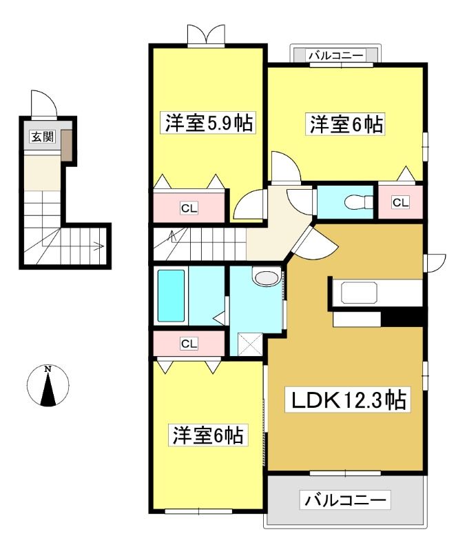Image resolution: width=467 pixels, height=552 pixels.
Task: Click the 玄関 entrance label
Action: (x=43, y=137)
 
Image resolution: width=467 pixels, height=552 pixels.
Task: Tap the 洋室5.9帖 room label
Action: (x=209, y=123)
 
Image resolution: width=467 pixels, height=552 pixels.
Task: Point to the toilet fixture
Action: (x=358, y=202)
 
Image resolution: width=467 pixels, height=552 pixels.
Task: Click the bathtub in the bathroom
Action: (x=171, y=296)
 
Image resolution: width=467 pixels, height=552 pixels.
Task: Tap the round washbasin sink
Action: (x=267, y=278)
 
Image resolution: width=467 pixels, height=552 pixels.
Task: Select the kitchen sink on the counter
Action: (x=359, y=292)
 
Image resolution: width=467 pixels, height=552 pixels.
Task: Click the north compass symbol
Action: (x=48, y=386)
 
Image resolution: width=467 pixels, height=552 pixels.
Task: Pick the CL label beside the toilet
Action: (x=401, y=202)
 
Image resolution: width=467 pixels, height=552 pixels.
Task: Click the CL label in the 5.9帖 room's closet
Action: (x=189, y=208)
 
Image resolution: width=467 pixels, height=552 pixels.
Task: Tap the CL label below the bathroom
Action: (x=189, y=343)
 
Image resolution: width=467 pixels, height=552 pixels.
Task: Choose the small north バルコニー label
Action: (x=336, y=56)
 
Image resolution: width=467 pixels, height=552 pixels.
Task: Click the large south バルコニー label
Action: (x=345, y=500)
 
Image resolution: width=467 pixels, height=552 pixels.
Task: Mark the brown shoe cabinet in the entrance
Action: (x=67, y=146)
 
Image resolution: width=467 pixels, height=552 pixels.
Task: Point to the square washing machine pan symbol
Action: (x=250, y=344)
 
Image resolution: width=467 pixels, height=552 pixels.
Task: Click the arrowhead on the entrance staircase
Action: (x=100, y=246)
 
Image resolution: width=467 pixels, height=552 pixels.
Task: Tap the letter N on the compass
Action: (x=48, y=369)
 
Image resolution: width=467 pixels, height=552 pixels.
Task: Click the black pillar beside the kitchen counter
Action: (x=402, y=319)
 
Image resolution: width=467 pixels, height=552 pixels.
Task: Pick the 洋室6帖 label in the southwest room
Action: (x=208, y=435)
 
